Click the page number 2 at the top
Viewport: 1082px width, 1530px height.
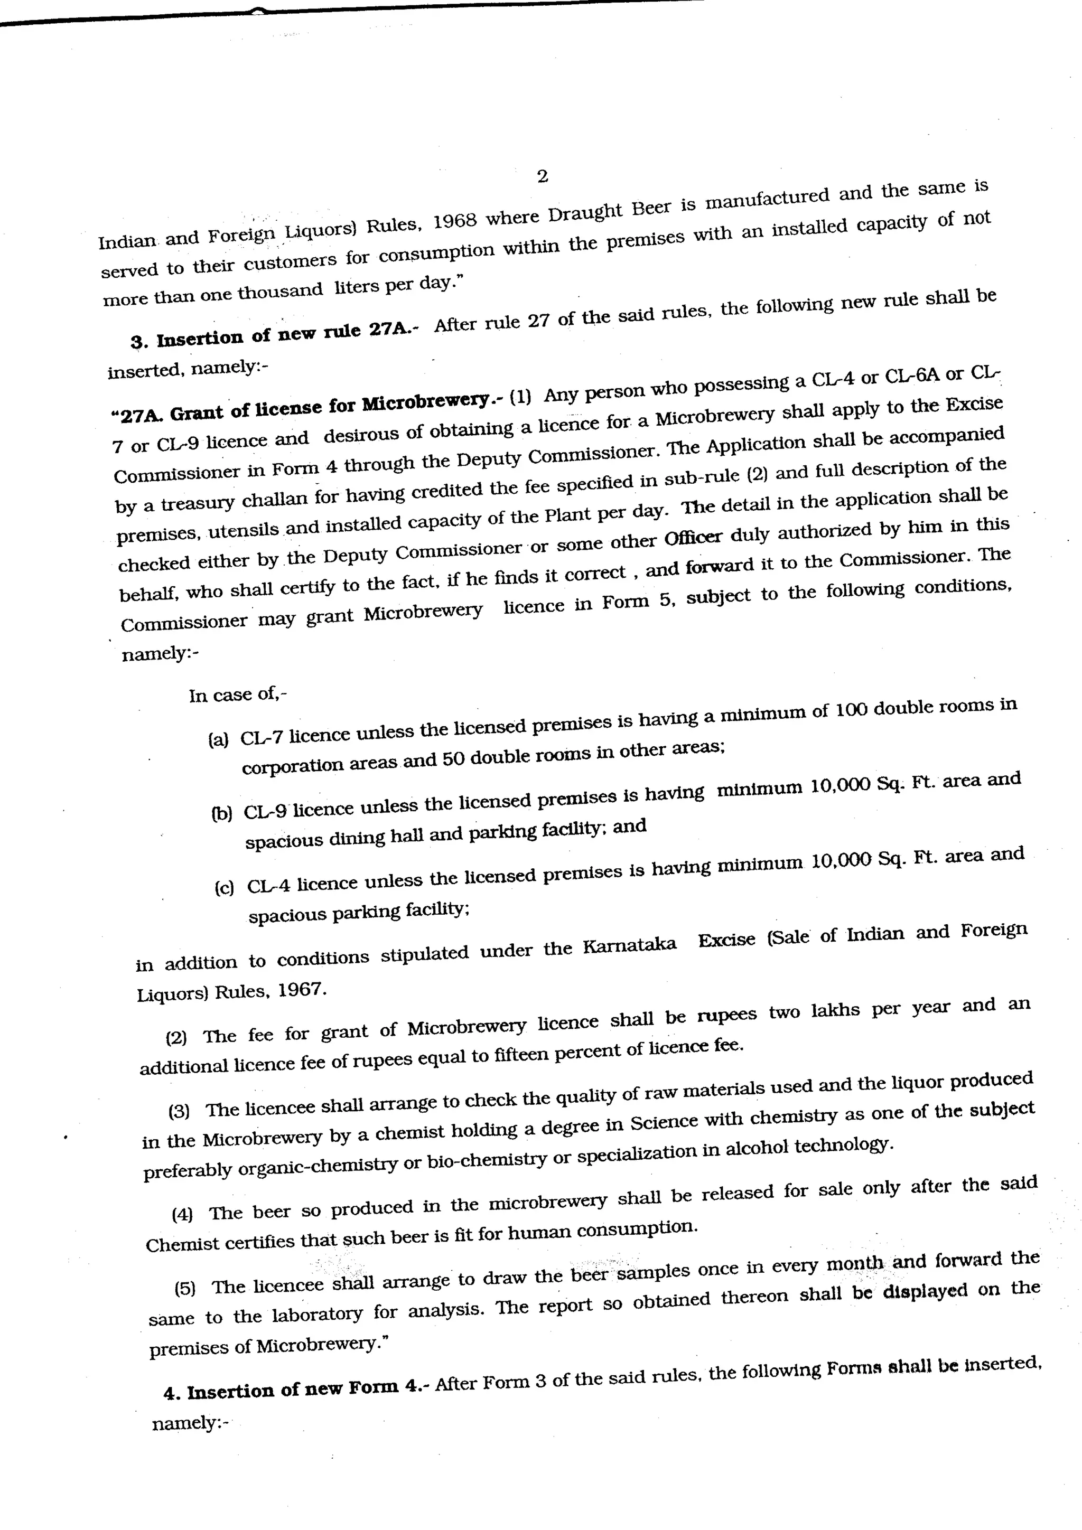coord(542,176)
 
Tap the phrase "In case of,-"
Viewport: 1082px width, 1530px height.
coord(238,694)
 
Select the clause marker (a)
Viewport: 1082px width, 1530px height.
coord(218,739)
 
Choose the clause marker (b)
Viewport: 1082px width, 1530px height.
coord(222,813)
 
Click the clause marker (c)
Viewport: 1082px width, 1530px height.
coord(224,888)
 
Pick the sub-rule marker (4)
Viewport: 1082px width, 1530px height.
coord(182,1214)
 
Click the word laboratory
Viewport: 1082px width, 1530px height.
coord(318,1315)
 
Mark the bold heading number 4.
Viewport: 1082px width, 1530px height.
coord(171,1393)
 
